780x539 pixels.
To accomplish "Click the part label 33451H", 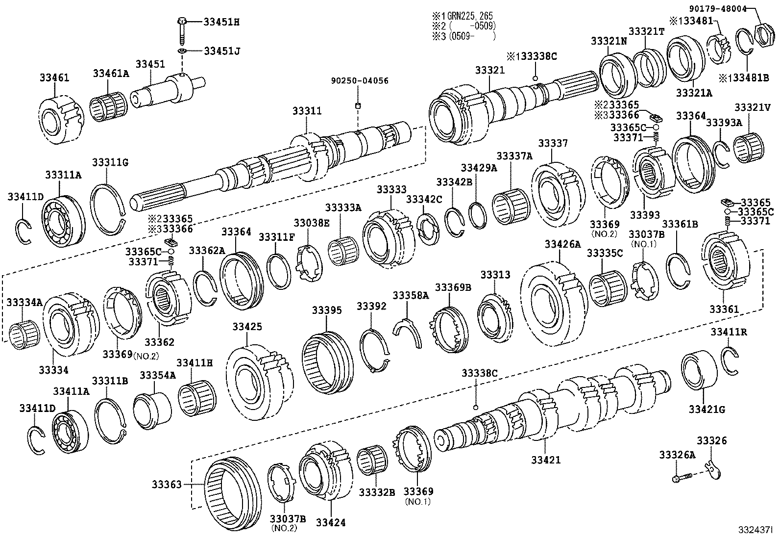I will coord(222,22).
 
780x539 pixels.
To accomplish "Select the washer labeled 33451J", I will coord(182,51).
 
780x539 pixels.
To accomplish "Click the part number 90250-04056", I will coord(359,80).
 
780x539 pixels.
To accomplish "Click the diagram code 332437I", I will coord(756,530).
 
